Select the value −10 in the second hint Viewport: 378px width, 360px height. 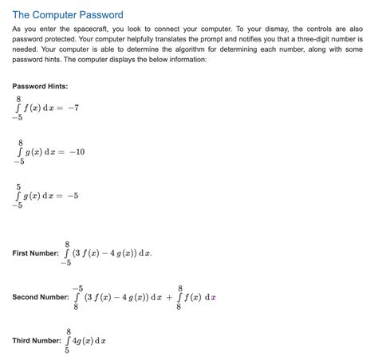76,152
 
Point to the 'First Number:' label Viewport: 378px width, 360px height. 35,253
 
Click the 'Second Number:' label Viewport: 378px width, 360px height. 41,297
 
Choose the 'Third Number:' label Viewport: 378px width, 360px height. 37,341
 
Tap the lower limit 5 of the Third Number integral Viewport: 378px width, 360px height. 67,350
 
